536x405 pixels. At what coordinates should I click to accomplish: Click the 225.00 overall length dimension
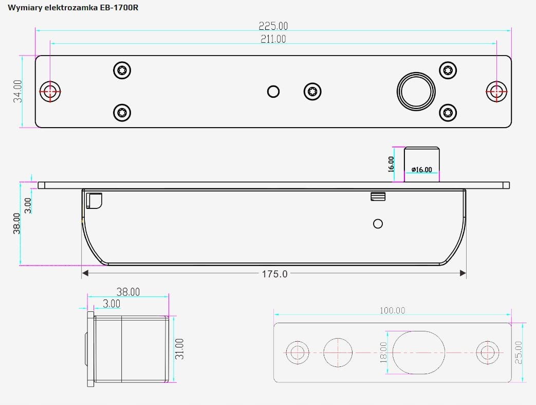273,26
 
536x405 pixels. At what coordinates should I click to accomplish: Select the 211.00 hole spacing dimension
273,39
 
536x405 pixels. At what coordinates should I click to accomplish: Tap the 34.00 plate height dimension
18,91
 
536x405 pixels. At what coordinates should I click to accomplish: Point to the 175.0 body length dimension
274,274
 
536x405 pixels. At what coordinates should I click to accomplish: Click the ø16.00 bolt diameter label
422,169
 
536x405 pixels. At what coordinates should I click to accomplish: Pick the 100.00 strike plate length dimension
393,310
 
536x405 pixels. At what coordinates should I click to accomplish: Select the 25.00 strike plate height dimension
519,353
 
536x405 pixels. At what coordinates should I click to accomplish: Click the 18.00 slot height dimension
383,353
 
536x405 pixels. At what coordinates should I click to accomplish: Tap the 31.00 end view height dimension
180,349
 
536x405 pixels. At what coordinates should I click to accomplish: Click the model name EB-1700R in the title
119,8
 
